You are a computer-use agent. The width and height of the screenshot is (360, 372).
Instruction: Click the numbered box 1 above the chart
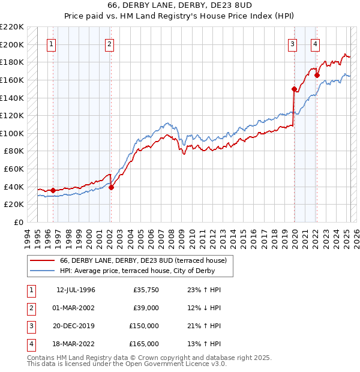point(51,43)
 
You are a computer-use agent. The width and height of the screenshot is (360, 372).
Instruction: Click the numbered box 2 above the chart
point(109,43)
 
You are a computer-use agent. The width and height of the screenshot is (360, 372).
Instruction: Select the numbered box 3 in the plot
point(292,43)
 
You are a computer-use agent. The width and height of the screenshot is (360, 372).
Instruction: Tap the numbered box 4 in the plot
point(315,43)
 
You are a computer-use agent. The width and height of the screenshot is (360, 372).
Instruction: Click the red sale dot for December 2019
point(295,89)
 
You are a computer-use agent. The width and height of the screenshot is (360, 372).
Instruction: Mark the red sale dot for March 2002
point(111,187)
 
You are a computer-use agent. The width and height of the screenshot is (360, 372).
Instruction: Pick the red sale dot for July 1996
point(53,190)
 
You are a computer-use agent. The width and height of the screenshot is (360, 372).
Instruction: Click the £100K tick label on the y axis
point(12,133)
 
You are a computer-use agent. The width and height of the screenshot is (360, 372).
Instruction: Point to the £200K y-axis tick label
point(12,44)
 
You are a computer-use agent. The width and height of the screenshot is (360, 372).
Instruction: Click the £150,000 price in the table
point(145,326)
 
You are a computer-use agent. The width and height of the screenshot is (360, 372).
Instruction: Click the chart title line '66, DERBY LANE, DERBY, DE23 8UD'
point(180,6)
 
